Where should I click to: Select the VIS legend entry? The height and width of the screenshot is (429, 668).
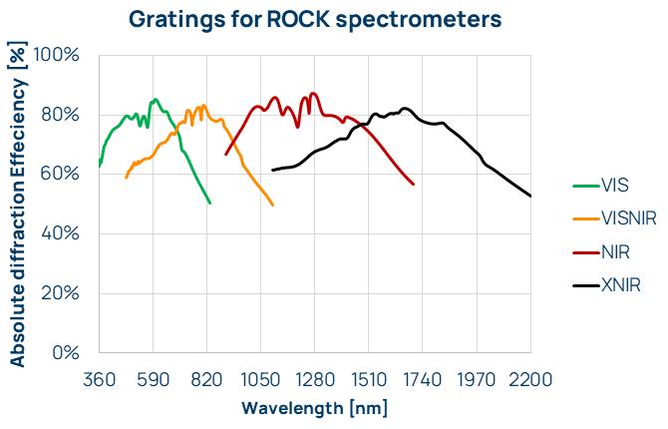614,185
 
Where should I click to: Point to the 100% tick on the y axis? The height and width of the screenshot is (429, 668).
57,54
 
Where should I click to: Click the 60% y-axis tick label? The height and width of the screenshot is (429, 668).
62,174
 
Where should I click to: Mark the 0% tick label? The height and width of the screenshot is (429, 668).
67,352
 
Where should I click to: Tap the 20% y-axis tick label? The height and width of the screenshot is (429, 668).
62,292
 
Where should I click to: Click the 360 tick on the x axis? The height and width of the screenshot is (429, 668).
99,379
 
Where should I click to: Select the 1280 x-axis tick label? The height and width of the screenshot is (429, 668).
314,379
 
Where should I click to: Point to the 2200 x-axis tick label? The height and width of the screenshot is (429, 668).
529,379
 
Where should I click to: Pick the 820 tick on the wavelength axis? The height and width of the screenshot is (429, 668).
206,379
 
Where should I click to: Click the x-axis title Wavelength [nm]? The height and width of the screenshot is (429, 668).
314,408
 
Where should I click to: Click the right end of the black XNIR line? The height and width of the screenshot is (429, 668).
530,196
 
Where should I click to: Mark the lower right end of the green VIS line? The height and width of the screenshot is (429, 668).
210,203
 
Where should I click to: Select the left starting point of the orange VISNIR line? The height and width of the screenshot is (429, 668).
126,178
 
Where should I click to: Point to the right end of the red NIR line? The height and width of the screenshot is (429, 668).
414,184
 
